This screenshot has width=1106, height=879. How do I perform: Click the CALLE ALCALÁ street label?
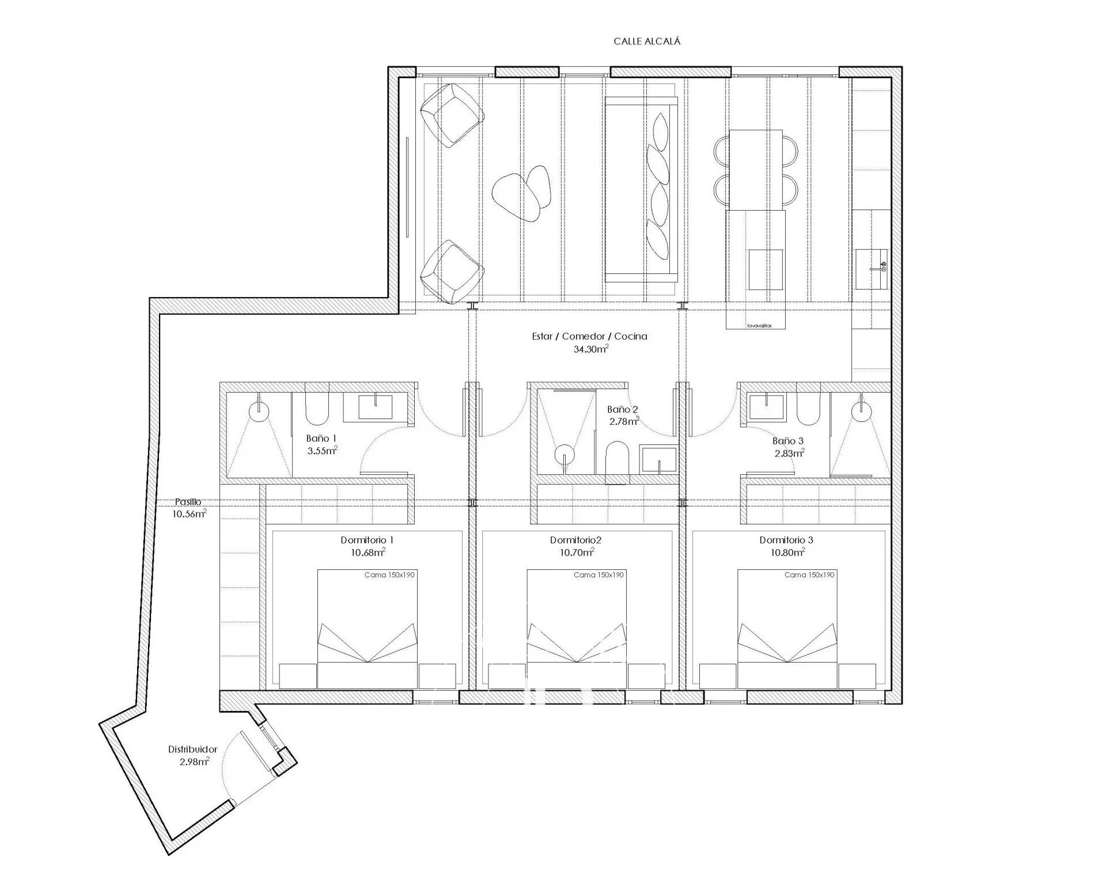click(647, 41)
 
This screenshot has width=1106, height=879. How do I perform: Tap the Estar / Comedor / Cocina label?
click(589, 336)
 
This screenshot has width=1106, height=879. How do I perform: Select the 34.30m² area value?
click(591, 349)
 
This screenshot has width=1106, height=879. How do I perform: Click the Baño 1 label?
click(321, 439)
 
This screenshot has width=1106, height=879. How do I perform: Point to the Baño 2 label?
click(623, 409)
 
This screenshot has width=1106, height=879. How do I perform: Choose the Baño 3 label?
click(788, 441)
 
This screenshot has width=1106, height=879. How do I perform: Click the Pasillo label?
click(188, 502)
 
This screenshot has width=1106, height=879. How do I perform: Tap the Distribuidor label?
click(192, 749)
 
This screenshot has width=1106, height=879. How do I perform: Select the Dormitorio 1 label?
click(367, 540)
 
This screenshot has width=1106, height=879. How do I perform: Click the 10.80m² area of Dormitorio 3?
click(787, 553)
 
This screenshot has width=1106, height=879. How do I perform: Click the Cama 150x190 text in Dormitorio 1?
click(389, 575)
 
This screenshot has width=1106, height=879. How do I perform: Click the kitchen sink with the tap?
click(872, 269)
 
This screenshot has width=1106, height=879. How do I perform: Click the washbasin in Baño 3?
click(767, 406)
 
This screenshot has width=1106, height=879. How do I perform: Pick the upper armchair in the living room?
click(452, 113)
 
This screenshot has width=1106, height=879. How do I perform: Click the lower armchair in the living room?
click(452, 272)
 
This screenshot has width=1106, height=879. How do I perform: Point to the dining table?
click(756, 170)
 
